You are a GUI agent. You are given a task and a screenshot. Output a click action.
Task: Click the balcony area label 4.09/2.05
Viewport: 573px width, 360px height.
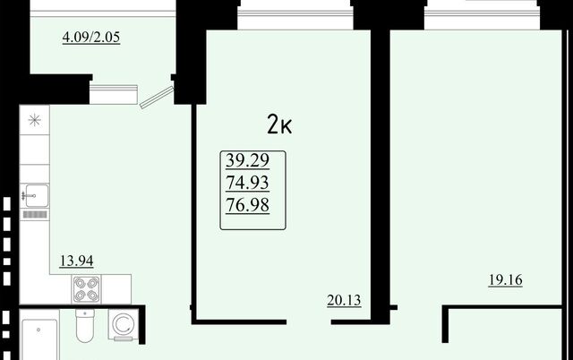point(91,38)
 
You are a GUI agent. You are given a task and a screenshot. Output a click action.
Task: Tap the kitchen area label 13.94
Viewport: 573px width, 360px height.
point(76,261)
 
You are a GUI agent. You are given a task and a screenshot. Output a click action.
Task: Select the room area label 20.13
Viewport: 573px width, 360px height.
point(344,300)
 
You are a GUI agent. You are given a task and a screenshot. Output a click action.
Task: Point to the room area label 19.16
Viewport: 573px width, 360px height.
point(505,280)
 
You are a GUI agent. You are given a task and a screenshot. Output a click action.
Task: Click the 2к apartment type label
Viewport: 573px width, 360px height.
point(279,124)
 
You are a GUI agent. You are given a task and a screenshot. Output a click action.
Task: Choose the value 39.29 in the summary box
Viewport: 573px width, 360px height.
point(247,160)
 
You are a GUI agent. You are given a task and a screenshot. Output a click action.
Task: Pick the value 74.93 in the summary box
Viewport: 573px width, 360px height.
point(247,183)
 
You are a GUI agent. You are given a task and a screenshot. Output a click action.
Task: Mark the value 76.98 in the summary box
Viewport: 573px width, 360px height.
point(247,205)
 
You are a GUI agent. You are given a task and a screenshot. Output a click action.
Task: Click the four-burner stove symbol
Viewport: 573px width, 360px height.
point(87,289)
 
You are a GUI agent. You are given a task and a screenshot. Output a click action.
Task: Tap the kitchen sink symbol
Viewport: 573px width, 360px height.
point(35,195)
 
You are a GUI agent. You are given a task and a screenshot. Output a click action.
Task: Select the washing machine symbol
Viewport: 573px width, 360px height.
point(124,324)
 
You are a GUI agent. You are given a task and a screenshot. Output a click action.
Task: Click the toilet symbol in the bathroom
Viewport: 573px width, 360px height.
point(85,325)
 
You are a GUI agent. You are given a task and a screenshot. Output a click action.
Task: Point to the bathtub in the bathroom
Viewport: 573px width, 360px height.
point(39,340)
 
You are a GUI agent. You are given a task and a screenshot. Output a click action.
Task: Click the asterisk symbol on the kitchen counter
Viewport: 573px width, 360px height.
point(35,120)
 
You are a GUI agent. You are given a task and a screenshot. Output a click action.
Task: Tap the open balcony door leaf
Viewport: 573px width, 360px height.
point(157,97)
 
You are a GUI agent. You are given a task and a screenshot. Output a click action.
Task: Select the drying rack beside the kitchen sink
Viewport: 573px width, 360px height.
point(35,215)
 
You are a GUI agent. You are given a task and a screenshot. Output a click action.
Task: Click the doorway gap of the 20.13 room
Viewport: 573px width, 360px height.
point(309,322)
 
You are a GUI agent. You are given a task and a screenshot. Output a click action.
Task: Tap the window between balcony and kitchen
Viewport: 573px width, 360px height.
point(114,94)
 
